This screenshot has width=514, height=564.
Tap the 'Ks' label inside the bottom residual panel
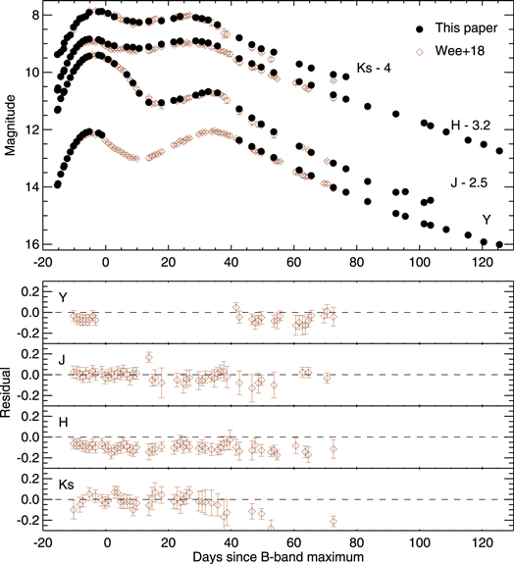[x=66, y=484]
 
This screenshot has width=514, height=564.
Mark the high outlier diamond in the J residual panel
[x=149, y=357]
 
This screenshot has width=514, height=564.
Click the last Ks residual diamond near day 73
[x=334, y=521]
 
